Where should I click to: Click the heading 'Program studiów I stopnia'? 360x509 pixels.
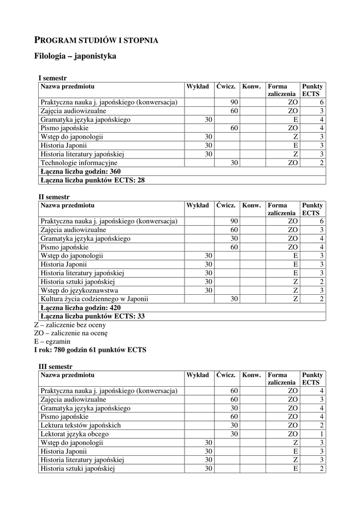click(x=96, y=40)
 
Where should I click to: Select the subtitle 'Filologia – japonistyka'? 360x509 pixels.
click(x=75, y=56)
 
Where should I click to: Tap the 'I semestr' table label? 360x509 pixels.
click(x=53, y=78)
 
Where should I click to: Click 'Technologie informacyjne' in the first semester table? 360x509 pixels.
click(x=79, y=163)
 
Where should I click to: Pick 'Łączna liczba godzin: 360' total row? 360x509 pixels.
click(x=81, y=171)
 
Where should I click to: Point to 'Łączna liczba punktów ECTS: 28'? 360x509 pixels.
click(x=92, y=180)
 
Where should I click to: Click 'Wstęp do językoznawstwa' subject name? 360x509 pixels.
click(x=80, y=290)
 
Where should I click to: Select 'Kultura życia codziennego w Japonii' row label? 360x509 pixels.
click(x=94, y=299)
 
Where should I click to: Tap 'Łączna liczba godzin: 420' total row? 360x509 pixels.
click(x=81, y=308)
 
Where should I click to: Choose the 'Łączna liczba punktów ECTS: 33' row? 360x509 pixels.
click(x=92, y=316)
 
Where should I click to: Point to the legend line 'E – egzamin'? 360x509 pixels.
click(x=52, y=341)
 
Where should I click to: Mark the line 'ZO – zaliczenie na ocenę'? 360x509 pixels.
click(x=71, y=333)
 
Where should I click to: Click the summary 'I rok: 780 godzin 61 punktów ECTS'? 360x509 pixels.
click(x=90, y=350)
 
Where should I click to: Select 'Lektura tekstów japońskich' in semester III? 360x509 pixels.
click(x=81, y=425)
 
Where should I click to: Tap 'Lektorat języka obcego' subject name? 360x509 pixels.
click(x=75, y=434)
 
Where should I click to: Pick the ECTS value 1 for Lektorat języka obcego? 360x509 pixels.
click(x=322, y=434)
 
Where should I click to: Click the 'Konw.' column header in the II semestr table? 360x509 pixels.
click(x=251, y=205)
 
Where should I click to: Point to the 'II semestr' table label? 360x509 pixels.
click(x=54, y=197)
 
